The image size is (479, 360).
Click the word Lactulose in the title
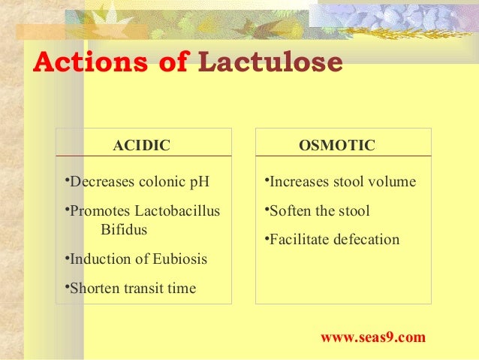pyautogui.click(x=270, y=63)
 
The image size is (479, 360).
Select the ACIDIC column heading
pyautogui.click(x=141, y=145)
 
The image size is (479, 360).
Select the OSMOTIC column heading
pyautogui.click(x=336, y=145)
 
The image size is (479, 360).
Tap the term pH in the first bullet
pyautogui.click(x=203, y=182)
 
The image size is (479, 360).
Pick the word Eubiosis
pyautogui.click(x=180, y=259)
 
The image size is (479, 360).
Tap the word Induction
pyautogui.click(x=98, y=259)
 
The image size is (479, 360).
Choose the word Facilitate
pyautogui.click(x=297, y=241)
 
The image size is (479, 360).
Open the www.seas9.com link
pyautogui.click(x=372, y=337)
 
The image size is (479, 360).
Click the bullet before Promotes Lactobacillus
pyautogui.click(x=66, y=210)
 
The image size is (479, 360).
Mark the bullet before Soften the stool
pyautogui.click(x=266, y=210)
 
